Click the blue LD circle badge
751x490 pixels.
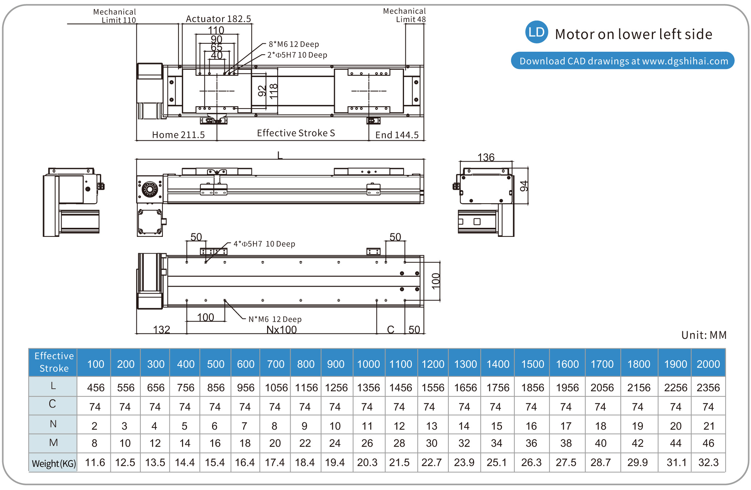click(536, 32)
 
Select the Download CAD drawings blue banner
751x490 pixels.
click(623, 61)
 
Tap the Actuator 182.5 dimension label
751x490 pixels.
click(218, 19)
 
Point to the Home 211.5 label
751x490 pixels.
click(178, 135)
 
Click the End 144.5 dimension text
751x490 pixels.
click(397, 135)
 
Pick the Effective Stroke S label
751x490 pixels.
click(296, 133)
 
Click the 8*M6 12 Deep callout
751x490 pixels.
click(294, 44)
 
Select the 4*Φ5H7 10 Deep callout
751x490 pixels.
click(264, 244)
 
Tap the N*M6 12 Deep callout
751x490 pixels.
click(275, 319)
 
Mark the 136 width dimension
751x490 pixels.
click(486, 157)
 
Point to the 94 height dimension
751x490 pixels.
click(524, 186)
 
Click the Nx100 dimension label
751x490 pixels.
click(281, 329)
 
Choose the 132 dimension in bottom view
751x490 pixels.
click(161, 329)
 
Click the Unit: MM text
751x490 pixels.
click(704, 335)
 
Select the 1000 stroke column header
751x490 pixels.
click(368, 364)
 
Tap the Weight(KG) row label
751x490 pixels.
click(54, 463)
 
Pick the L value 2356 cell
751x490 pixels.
click(708, 388)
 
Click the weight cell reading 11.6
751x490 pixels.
click(95, 463)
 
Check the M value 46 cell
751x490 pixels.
click(708, 443)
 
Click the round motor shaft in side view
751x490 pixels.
click(149, 189)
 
